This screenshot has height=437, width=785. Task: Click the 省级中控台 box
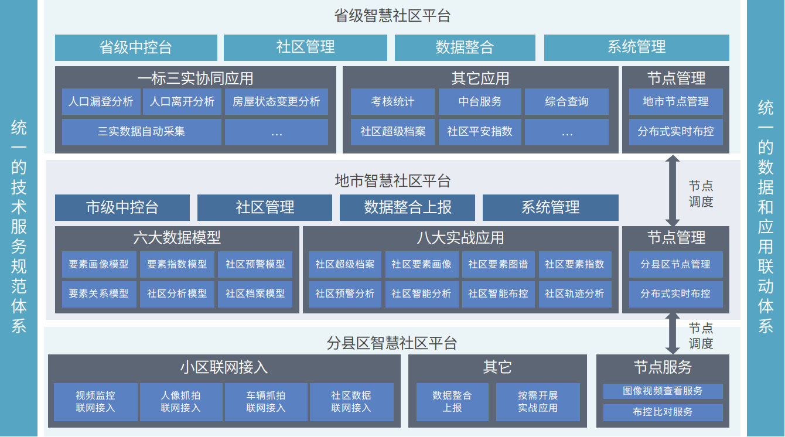[x=136, y=47]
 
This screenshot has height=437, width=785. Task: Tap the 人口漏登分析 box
[x=101, y=101]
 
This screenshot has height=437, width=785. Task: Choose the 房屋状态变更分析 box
[x=276, y=101]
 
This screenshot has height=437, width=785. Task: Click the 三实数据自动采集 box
[x=141, y=132]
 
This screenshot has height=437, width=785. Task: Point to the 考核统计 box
[x=392, y=101]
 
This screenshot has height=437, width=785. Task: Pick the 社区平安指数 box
[x=479, y=132]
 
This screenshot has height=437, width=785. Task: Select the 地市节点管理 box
[x=675, y=101]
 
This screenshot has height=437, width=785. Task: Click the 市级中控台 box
[x=122, y=207]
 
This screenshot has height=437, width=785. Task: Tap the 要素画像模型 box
[x=98, y=264]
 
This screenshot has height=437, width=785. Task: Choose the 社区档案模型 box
[x=255, y=293]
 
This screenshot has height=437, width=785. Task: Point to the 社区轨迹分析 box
[x=574, y=293]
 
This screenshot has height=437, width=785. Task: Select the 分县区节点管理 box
[x=675, y=264]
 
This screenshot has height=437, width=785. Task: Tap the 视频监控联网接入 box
[x=95, y=402]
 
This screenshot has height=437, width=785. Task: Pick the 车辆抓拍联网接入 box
[x=265, y=402]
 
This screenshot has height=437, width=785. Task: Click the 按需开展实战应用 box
[x=537, y=402]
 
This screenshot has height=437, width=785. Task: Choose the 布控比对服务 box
[x=663, y=412]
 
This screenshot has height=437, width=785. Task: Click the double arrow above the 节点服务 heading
[x=673, y=333]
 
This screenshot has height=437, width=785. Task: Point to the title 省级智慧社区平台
[x=392, y=16]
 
